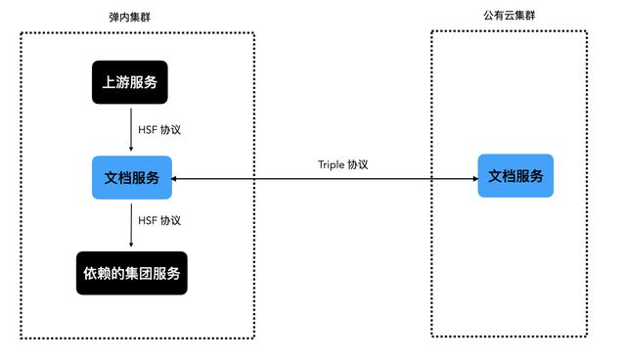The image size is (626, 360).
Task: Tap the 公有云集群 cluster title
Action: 509,18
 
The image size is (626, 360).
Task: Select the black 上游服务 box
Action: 130,82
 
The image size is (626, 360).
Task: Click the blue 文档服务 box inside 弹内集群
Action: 132,178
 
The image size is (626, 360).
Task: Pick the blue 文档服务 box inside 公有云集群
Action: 515,176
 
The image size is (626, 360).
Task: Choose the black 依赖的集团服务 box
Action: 131,273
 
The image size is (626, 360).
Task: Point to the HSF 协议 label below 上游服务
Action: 160,129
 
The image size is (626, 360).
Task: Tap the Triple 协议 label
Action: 343,164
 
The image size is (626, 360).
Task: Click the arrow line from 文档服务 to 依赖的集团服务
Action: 131,223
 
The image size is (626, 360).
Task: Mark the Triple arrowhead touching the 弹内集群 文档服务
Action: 177,179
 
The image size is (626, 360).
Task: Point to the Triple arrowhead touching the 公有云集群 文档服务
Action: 472,179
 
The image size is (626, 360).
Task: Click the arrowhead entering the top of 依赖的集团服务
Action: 131,247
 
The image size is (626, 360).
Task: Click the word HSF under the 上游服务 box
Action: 148,129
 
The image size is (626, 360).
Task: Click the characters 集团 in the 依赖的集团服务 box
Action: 139,273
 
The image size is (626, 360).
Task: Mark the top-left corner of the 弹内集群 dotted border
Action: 22,32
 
